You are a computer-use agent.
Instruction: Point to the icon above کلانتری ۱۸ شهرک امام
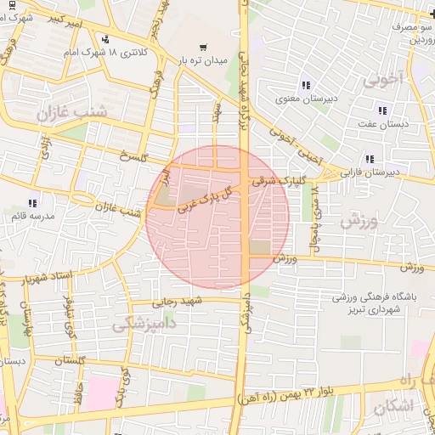[105, 38]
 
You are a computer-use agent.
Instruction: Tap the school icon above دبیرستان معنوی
[306, 85]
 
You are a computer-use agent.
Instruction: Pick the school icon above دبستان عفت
[381, 110]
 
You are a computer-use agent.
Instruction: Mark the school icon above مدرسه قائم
[32, 203]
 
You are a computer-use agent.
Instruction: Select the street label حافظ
[77, 396]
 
